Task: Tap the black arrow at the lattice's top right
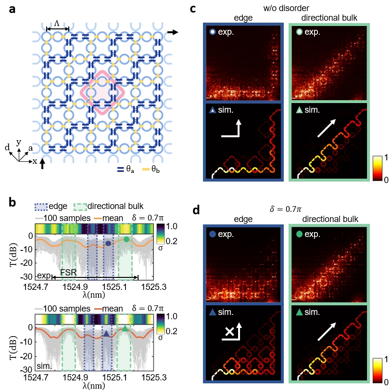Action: pyautogui.click(x=173, y=32)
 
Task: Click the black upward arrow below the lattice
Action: pyautogui.click(x=42, y=164)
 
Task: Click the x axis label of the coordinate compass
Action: pyautogui.click(x=35, y=161)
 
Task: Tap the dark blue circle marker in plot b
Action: pyautogui.click(x=108, y=244)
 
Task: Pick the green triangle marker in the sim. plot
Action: pyautogui.click(x=125, y=328)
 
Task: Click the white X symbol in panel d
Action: pyautogui.click(x=230, y=332)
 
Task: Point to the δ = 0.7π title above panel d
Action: pyautogui.click(x=288, y=209)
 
